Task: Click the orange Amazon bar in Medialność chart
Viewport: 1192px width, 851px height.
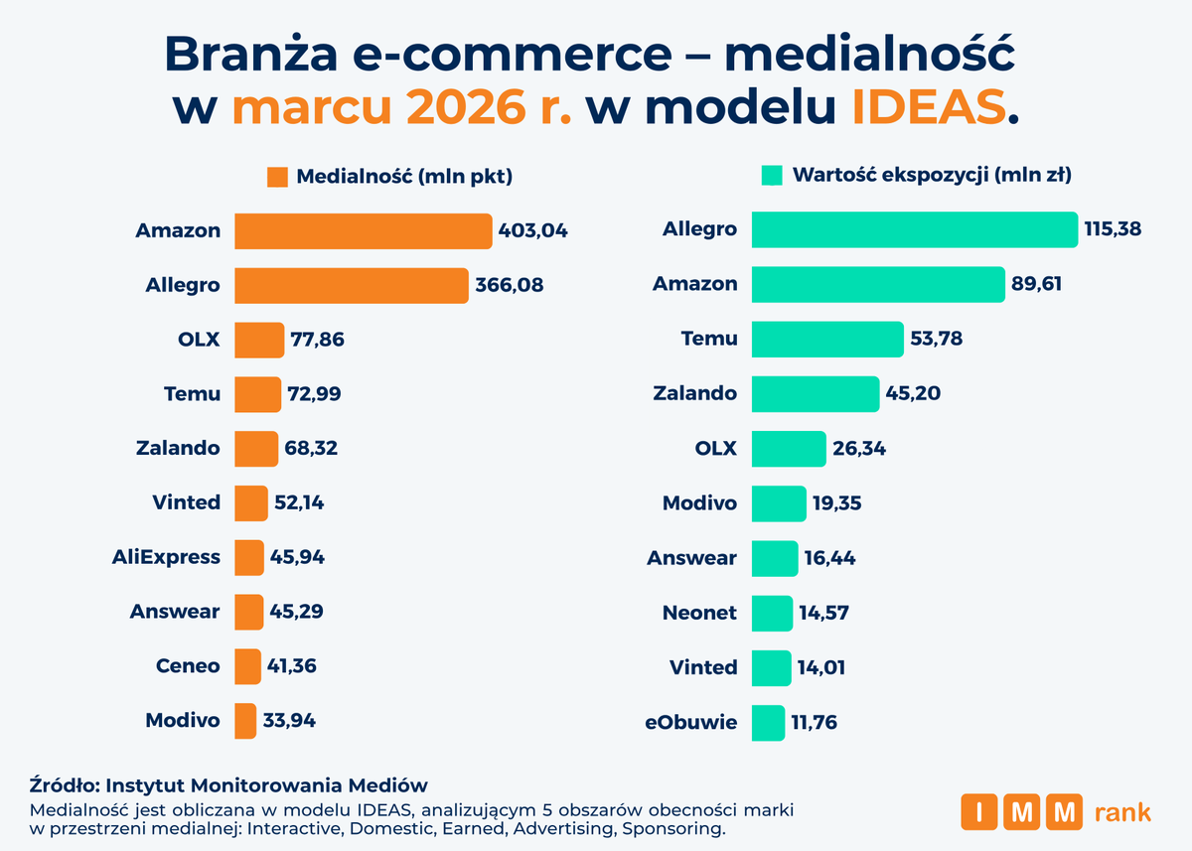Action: tap(363, 231)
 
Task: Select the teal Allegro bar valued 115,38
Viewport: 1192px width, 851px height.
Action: tap(914, 229)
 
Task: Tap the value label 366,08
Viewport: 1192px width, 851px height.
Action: tap(509, 286)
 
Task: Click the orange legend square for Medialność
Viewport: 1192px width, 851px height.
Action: tap(277, 178)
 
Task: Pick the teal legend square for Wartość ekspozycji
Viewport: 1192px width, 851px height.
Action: tap(771, 176)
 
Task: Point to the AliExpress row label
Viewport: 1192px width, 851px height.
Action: tap(166, 557)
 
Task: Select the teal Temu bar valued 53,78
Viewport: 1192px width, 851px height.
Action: tap(826, 339)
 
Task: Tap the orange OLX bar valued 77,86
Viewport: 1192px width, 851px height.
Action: tap(258, 340)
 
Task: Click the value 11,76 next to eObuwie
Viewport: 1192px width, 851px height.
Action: tap(815, 722)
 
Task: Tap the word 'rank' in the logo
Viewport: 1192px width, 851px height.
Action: tap(1121, 812)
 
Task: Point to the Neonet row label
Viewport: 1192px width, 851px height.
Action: tap(699, 613)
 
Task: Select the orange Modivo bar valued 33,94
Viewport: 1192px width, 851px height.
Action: tap(244, 721)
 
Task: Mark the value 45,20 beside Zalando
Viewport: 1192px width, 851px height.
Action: tap(913, 393)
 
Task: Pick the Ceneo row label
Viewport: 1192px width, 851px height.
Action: tap(188, 666)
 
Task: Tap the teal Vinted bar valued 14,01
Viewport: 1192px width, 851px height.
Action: tap(771, 667)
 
